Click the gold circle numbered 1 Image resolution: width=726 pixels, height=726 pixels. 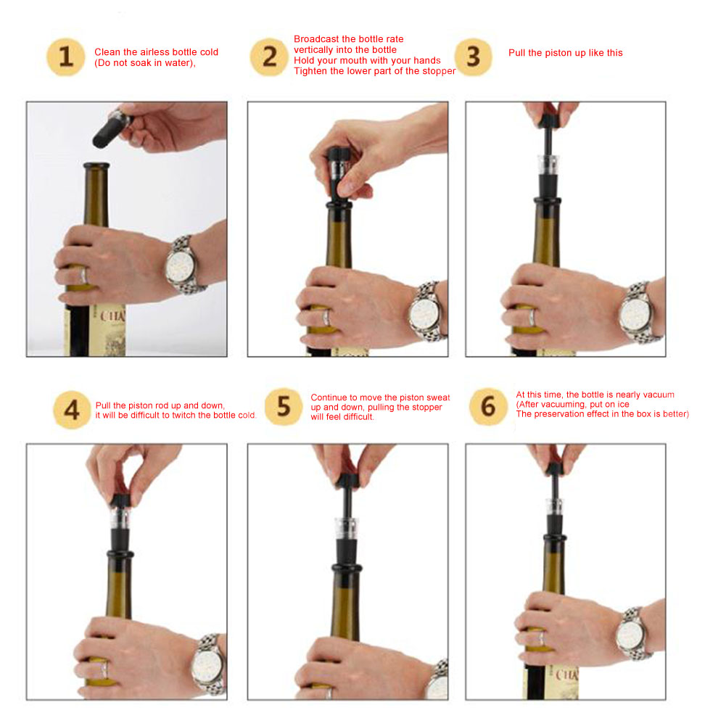[66, 57]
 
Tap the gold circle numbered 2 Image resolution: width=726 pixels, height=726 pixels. [270, 57]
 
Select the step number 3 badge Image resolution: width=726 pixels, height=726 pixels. [473, 57]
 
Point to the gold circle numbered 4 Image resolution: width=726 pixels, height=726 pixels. [72, 410]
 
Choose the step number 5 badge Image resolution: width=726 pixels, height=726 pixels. [284, 407]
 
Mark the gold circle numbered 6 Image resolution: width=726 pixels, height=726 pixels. [488, 407]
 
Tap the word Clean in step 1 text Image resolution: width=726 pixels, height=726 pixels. [107, 52]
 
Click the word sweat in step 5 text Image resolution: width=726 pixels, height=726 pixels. [438, 397]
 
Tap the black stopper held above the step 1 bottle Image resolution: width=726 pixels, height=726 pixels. [112, 128]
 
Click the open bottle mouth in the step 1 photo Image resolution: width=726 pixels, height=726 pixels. [96, 165]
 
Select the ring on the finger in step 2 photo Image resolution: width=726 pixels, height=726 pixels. [326, 318]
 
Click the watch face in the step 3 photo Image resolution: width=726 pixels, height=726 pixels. [632, 315]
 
